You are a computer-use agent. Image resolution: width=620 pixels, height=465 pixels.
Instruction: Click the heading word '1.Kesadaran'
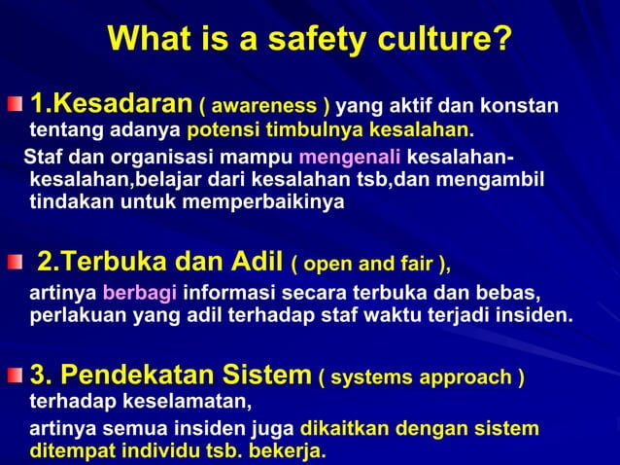tap(110, 102)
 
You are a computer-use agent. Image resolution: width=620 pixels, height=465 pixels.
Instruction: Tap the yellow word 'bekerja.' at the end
tap(287, 451)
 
